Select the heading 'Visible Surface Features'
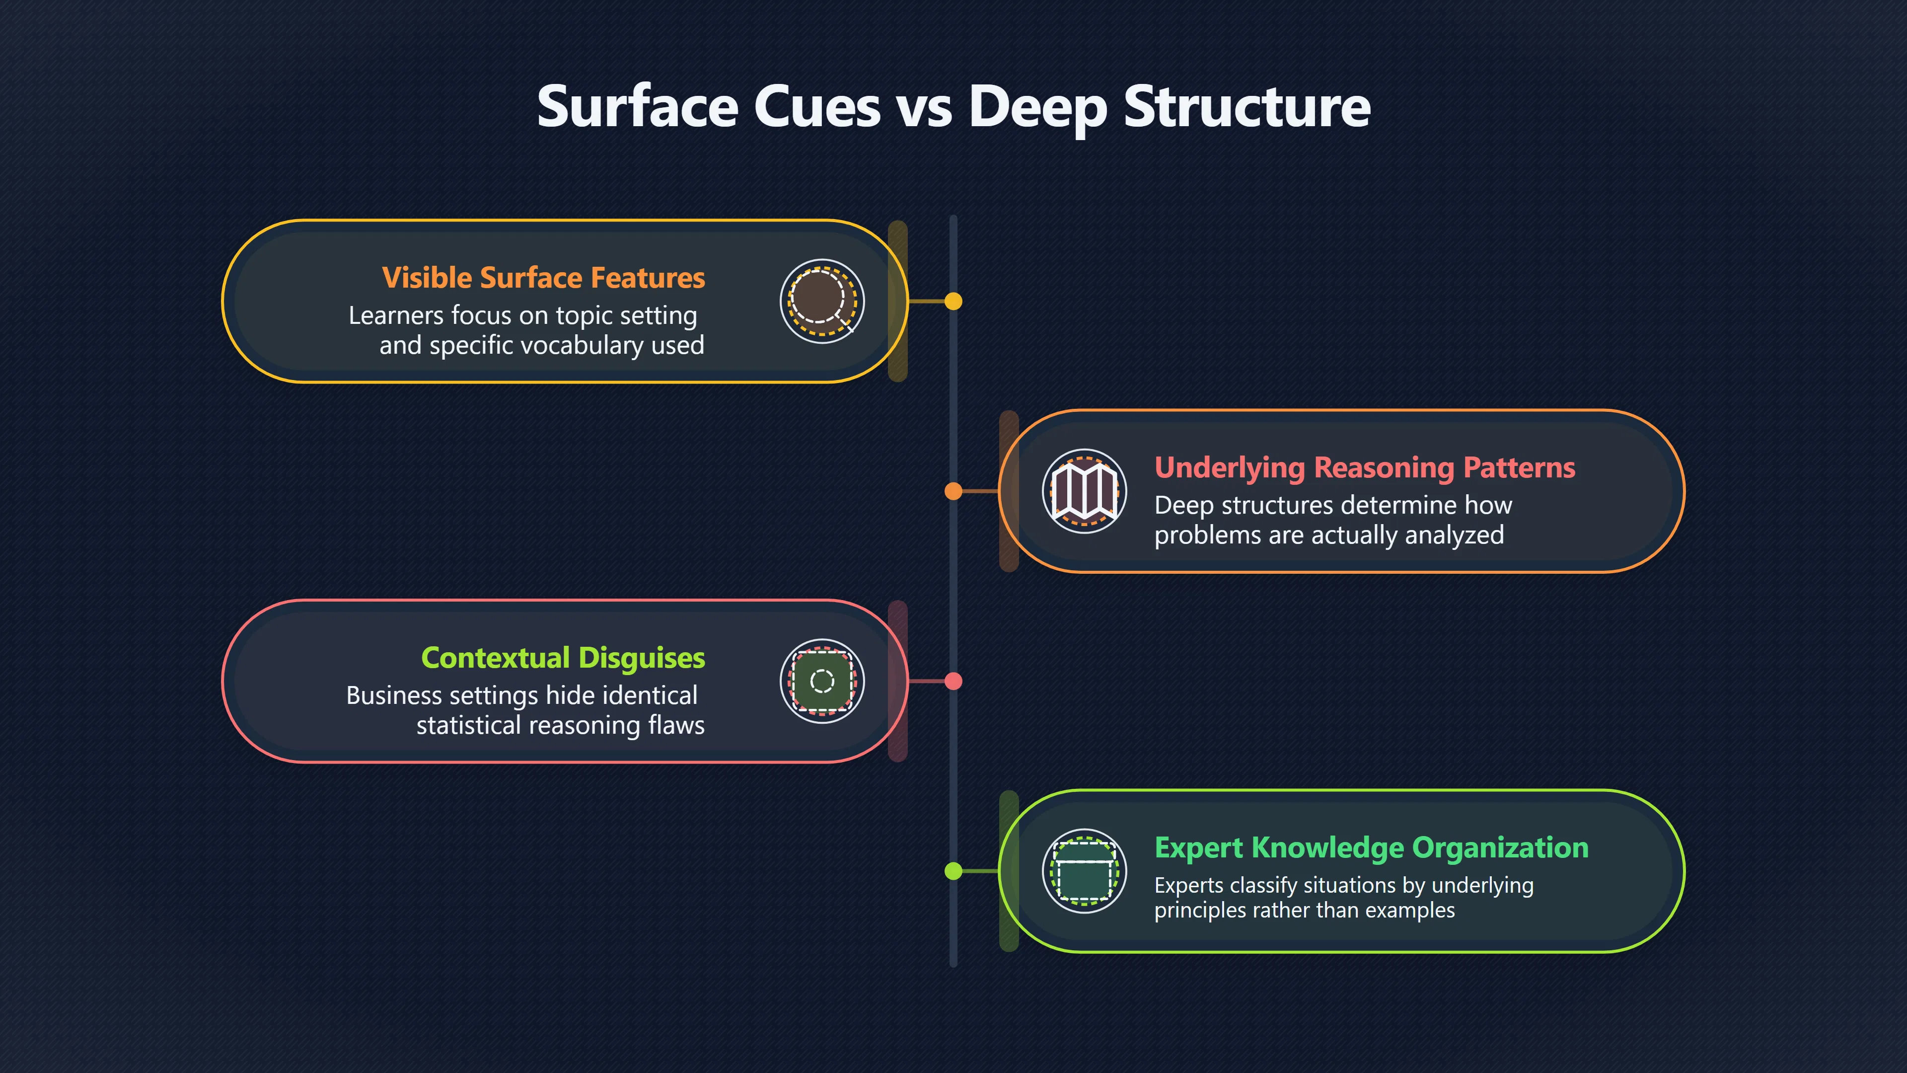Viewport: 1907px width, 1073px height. pos(543,278)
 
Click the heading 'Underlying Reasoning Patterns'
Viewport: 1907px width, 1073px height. pos(1364,468)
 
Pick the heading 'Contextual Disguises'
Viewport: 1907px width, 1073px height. pos(563,658)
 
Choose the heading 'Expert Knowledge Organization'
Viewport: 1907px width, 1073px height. pos(1372,848)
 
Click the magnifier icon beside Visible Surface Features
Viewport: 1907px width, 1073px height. pos(822,301)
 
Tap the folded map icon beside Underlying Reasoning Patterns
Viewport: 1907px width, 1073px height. pos(1085,490)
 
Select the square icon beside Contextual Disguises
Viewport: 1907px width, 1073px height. pos(822,681)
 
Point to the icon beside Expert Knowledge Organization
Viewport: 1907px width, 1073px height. pos(1085,871)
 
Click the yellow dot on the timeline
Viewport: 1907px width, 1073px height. pos(953,302)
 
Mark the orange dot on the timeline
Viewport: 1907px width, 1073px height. pos(953,491)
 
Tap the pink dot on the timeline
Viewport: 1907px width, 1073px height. pos(953,681)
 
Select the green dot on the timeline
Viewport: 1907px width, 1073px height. pos(953,871)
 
